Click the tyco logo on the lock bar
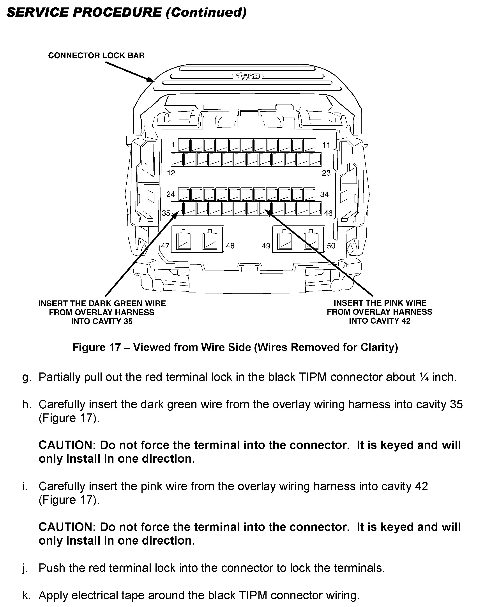248,76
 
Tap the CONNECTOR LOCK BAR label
96,56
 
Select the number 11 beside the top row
326,145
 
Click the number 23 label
326,173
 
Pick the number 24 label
171,194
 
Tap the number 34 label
324,194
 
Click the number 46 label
328,213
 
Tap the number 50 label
331,246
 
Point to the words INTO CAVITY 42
380,321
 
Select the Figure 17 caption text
235,347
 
